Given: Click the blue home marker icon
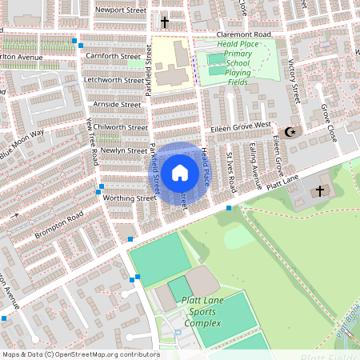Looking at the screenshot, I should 180,172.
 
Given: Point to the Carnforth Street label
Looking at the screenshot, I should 114,57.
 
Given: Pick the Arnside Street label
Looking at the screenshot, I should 117,104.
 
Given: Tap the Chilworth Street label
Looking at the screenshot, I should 120,127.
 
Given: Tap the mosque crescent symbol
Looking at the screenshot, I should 290,131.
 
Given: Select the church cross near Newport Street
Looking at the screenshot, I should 165,22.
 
